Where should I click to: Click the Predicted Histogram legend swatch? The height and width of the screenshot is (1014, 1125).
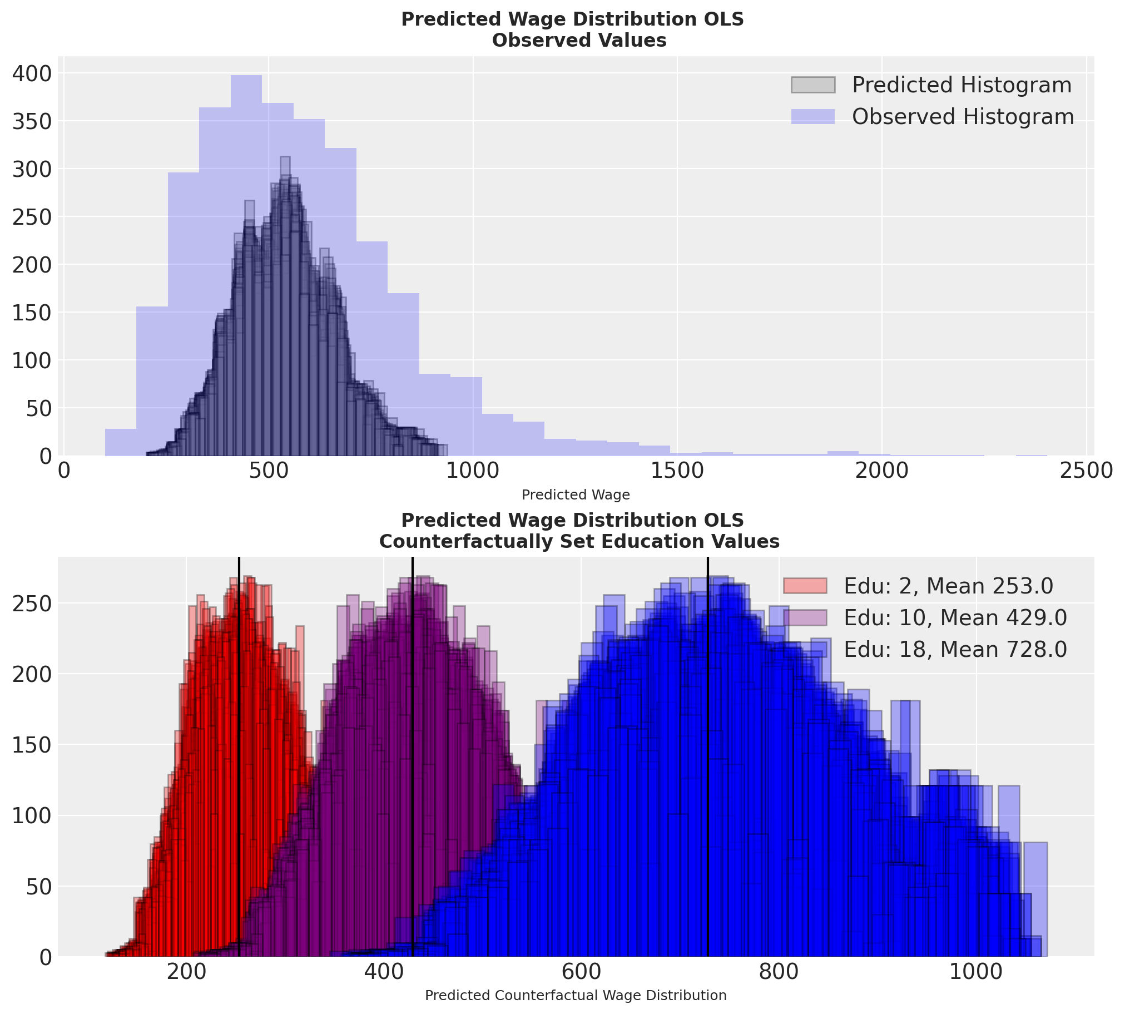tap(812, 85)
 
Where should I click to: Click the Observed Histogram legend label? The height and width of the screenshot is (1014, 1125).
tap(963, 116)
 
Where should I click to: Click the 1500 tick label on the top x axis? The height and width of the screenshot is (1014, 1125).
tap(677, 471)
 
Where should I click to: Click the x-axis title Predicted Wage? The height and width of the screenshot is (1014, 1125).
tap(576, 494)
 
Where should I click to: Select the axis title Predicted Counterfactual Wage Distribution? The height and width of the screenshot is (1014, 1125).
tap(576, 995)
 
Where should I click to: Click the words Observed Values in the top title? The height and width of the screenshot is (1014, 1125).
tap(579, 41)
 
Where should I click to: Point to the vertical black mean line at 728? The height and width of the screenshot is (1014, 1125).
tap(708, 780)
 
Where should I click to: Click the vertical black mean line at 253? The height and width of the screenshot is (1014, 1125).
tap(239, 780)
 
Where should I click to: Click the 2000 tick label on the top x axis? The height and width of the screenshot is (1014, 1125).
tap(881, 471)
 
